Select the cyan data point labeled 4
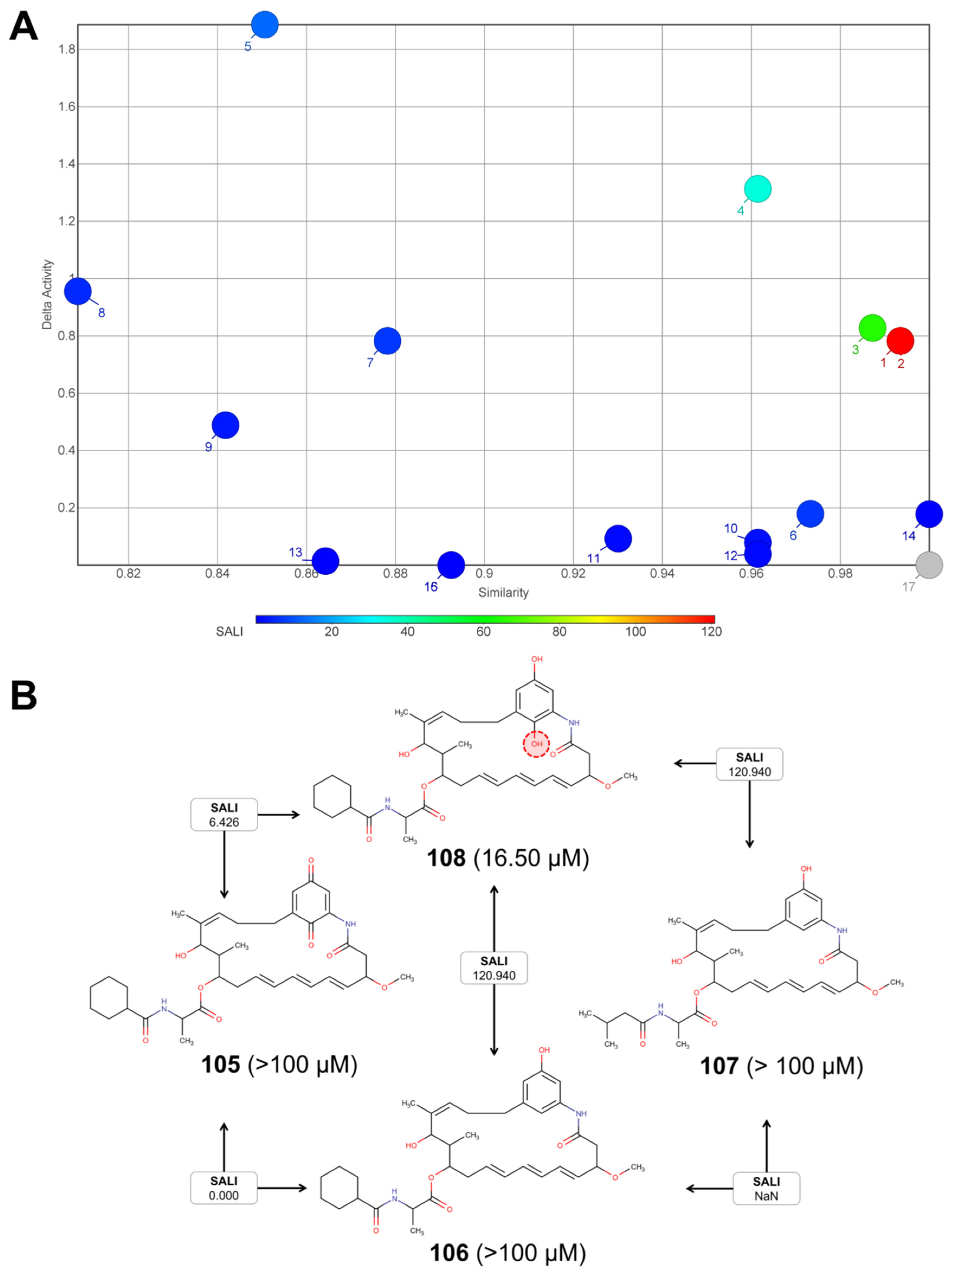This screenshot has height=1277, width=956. pyautogui.click(x=757, y=189)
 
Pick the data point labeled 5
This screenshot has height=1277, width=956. pyautogui.click(x=264, y=25)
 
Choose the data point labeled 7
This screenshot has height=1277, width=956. pyautogui.click(x=387, y=341)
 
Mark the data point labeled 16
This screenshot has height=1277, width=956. pyautogui.click(x=451, y=565)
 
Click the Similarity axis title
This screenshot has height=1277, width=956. pyautogui.click(x=503, y=592)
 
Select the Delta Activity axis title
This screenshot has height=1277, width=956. pyautogui.click(x=47, y=294)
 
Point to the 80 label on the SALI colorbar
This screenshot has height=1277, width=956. pyautogui.click(x=559, y=631)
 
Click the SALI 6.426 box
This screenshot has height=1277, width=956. pyautogui.click(x=224, y=815)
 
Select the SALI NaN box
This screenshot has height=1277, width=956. pyautogui.click(x=766, y=1188)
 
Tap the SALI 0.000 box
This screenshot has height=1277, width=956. pyautogui.click(x=224, y=1188)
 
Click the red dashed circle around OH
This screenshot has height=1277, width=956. pyautogui.click(x=536, y=744)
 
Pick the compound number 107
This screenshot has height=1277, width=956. pyautogui.click(x=719, y=1066)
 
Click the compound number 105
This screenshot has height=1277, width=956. pyautogui.click(x=221, y=1064)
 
